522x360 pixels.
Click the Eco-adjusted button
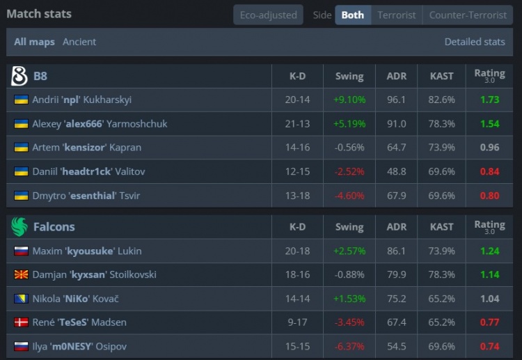coord(268,15)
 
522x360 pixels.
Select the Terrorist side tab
coord(397,15)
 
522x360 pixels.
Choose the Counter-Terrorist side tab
coord(468,15)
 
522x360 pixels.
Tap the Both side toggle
coord(353,15)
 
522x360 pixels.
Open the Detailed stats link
coord(475,42)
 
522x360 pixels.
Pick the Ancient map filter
coord(79,42)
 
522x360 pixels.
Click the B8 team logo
coord(19,76)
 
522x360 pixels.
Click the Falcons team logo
coord(19,227)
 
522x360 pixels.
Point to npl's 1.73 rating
coord(489,100)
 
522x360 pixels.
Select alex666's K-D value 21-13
coord(297,124)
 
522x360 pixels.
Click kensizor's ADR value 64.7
coord(396,148)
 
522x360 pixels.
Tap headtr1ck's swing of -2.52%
coord(349,171)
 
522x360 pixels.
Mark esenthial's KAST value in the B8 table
coord(442,196)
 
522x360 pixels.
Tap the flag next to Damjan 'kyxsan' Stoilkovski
coord(21,274)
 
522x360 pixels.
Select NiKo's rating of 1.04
coord(489,299)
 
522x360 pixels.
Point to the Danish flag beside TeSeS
coord(21,322)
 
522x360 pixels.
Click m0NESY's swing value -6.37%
coord(349,346)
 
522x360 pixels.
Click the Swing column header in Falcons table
coord(349,227)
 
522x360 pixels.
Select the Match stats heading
coord(39,13)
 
